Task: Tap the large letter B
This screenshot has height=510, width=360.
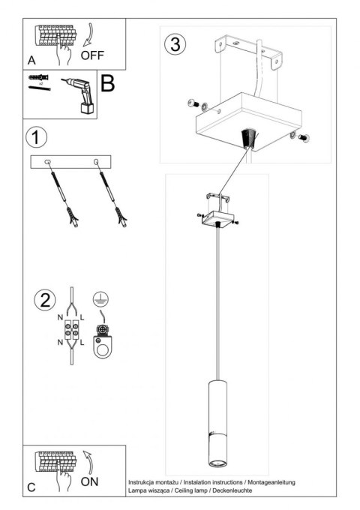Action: [107, 82]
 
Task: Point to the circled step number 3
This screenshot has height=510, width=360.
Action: [175, 43]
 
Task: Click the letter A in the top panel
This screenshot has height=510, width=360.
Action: [31, 59]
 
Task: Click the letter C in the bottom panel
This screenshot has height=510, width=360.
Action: [31, 487]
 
